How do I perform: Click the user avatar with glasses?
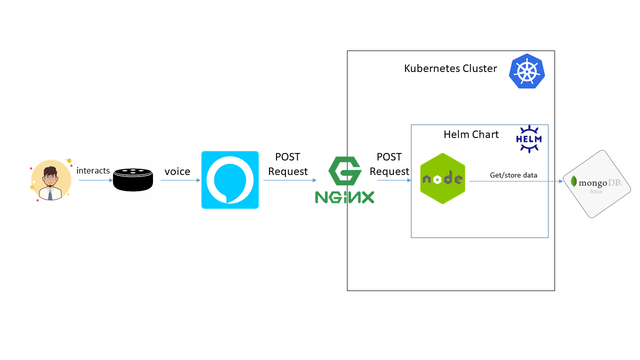tap(50, 180)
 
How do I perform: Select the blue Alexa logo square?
tap(230, 180)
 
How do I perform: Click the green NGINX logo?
tap(344, 180)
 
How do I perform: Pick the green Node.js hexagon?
tap(442, 178)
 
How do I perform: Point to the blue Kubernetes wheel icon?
tap(526, 71)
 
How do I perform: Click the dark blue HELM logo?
tap(529, 138)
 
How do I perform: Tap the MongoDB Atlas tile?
tap(597, 183)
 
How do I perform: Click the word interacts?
tap(93, 171)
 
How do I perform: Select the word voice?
tap(177, 171)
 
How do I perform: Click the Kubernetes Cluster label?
tap(450, 68)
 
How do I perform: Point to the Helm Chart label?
tap(471, 134)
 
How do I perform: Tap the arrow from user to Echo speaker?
tap(95, 180)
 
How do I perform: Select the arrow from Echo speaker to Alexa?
tap(180, 180)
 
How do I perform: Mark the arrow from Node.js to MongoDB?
tap(515, 181)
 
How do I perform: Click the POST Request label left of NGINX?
tap(288, 164)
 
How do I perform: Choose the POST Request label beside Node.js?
tap(389, 164)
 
